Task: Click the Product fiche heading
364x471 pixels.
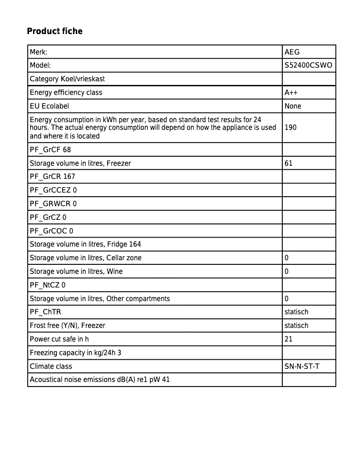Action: [x=54, y=31]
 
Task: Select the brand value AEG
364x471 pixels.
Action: [x=292, y=52]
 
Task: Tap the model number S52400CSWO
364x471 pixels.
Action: [x=308, y=65]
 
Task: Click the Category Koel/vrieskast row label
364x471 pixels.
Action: [x=67, y=79]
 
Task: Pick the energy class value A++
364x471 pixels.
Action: [x=291, y=93]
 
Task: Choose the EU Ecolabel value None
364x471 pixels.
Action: [x=293, y=106]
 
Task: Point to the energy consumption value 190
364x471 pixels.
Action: [x=290, y=128]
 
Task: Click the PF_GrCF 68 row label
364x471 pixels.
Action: [x=50, y=149]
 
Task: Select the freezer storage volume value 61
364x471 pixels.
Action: [x=289, y=163]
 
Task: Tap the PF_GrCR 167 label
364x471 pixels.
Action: [x=53, y=176]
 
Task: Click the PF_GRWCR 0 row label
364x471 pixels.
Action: [x=53, y=203]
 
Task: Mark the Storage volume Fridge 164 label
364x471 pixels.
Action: [x=85, y=244]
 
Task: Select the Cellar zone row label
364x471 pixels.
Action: [x=86, y=258]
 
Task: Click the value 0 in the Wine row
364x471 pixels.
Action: [x=286, y=272]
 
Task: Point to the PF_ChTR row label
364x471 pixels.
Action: [x=45, y=312]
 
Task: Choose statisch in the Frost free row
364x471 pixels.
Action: [x=296, y=326]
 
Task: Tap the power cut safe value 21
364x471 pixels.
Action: [x=289, y=339]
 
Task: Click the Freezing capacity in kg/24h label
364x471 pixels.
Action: [x=75, y=353]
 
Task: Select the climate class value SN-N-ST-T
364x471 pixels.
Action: [x=302, y=367]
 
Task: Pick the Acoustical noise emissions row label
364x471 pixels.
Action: [x=100, y=380]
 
